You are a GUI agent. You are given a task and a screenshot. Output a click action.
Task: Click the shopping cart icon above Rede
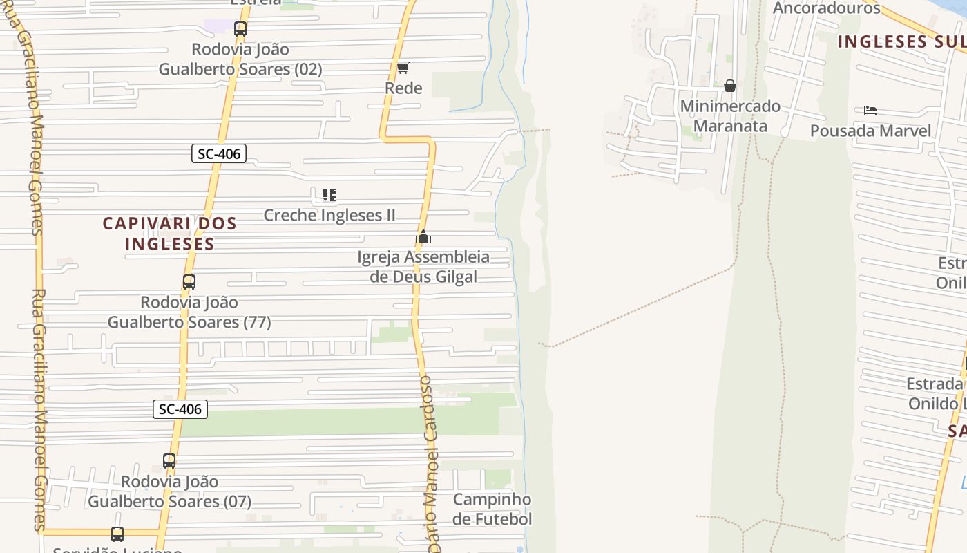[403, 68]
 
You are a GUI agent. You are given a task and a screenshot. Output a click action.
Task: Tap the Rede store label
[403, 88]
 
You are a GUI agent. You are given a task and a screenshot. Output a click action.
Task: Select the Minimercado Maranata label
[730, 116]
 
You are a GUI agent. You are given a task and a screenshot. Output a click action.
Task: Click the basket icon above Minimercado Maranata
[730, 86]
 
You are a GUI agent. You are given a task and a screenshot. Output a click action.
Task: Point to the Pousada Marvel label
[870, 131]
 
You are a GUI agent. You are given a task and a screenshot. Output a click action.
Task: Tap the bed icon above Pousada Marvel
[870, 110]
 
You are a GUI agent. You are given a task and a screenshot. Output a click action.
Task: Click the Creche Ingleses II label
[329, 215]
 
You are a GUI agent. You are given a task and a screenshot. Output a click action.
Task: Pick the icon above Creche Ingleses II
[329, 195]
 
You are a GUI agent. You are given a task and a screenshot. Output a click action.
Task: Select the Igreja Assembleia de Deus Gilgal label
[423, 267]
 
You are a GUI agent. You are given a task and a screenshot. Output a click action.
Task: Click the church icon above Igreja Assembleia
[423, 237]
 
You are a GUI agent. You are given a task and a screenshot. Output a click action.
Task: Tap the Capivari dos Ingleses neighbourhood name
[170, 234]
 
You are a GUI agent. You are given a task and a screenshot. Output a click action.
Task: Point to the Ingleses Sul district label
[901, 41]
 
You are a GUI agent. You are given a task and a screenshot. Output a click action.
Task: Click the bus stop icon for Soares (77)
[189, 282]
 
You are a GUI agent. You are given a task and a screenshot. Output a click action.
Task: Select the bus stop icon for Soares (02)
[240, 29]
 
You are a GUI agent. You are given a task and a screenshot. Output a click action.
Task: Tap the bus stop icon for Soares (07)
[169, 461]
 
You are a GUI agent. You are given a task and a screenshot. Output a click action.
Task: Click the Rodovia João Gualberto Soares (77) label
[189, 312]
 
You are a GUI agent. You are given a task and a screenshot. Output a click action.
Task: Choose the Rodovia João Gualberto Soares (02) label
[240, 59]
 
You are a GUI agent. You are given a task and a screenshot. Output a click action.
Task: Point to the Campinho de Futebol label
[492, 509]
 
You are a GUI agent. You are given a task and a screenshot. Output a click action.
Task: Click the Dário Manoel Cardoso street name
[430, 463]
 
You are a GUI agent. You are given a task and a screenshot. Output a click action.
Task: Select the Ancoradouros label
[826, 8]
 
